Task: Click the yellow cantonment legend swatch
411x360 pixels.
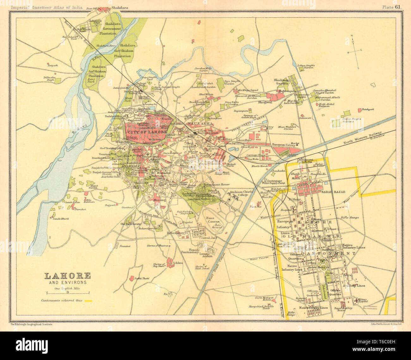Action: [88, 301]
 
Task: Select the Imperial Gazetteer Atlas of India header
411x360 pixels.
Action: [48, 4]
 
